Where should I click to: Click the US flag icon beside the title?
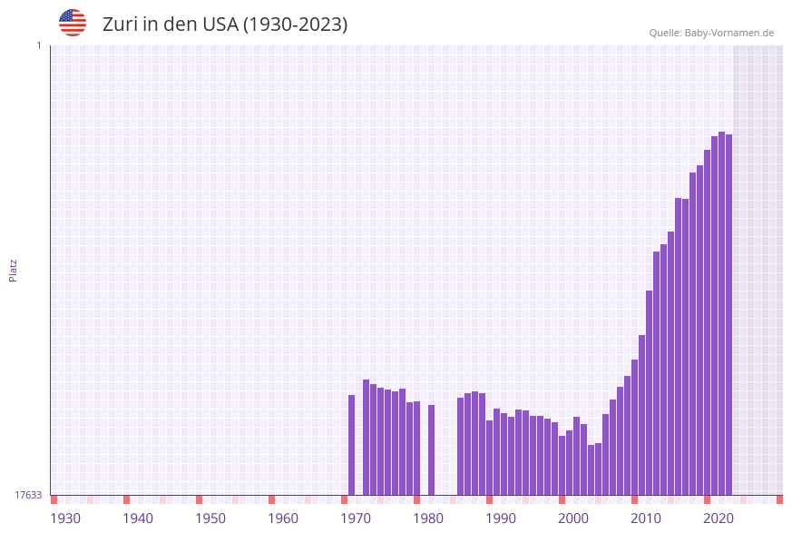pos(73,23)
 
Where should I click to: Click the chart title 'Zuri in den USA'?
pos(224,25)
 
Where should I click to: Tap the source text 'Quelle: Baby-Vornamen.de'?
pos(711,33)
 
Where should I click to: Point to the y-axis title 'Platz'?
pos(13,270)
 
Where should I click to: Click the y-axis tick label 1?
pos(38,45)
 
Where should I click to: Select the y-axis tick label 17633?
pos(28,495)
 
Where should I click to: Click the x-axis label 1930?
pos(65,518)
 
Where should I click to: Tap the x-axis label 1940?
pos(138,518)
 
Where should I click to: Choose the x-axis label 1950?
pos(210,518)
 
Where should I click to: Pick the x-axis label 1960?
pos(283,518)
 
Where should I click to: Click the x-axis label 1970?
pos(356,518)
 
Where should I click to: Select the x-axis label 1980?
pos(428,518)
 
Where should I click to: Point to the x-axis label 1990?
pos(501,518)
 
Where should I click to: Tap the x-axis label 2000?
pos(573,518)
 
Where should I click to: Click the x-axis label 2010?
pos(646,518)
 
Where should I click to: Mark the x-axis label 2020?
pos(719,518)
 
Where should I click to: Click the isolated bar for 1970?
pos(352,445)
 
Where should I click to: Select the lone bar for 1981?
pos(432,449)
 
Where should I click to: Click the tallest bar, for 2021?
pos(722,313)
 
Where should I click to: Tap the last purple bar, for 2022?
pos(729,314)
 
